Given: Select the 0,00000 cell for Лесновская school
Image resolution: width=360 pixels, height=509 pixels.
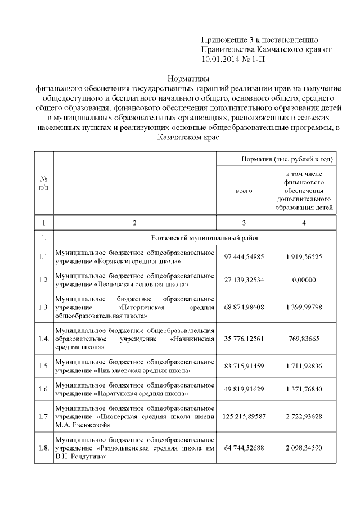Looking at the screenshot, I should click(x=304, y=280).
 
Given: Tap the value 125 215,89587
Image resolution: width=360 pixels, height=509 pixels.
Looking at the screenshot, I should click(x=244, y=416).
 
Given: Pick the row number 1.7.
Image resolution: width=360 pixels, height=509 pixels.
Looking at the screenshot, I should click(x=43, y=417).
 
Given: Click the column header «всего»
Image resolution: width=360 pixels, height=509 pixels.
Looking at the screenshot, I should click(x=244, y=191).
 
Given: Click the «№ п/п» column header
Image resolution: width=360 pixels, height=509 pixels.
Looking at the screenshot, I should click(x=43, y=182).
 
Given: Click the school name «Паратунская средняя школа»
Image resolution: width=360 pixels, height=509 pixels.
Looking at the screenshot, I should click(x=143, y=393).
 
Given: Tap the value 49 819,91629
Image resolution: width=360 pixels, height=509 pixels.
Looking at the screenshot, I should click(x=244, y=389).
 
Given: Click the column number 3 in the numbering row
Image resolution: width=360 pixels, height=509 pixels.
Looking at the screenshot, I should click(x=244, y=223).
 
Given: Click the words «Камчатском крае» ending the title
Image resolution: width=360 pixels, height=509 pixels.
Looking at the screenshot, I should click(x=188, y=137).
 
